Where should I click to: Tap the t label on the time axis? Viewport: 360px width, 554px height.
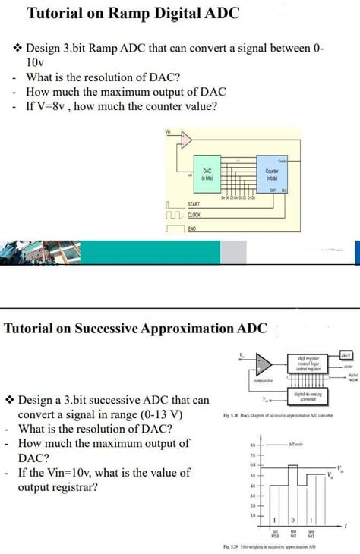coord(347,524)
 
